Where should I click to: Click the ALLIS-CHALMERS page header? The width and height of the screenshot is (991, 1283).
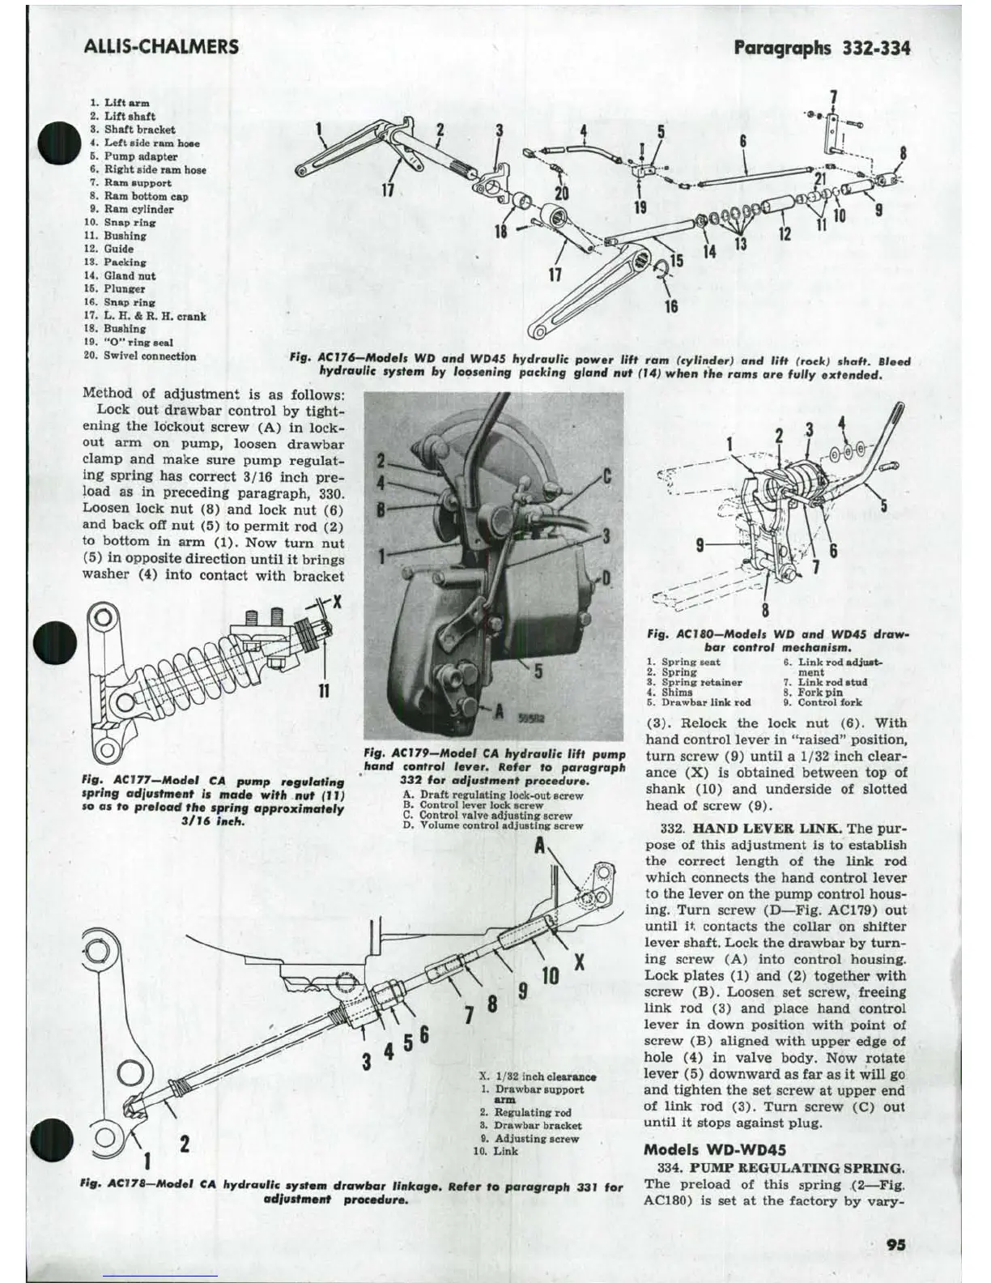point(161,46)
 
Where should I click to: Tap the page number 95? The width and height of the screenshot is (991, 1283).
point(895,1245)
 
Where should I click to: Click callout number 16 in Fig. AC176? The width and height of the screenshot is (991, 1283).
point(671,305)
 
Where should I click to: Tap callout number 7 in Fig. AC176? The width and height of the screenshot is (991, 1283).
point(834,98)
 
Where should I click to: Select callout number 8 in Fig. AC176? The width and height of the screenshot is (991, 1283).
point(903,153)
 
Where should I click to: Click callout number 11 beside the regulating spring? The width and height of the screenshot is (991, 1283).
point(324,690)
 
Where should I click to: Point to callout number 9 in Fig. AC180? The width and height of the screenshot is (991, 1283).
point(700,545)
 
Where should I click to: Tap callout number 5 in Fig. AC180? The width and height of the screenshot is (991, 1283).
point(884,506)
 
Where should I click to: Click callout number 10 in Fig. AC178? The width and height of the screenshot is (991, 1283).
point(550,976)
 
